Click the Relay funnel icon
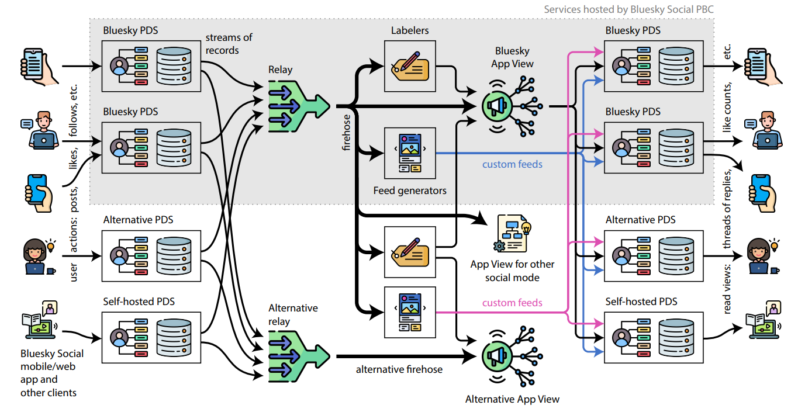(299, 106)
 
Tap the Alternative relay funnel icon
(299, 356)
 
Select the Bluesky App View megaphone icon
(512, 106)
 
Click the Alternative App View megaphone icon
(512, 356)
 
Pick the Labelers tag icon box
(410, 66)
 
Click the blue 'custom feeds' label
(512, 164)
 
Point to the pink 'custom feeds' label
(512, 303)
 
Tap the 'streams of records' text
(229, 44)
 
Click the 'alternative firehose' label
(399, 369)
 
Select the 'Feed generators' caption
(410, 191)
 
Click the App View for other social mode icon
(512, 234)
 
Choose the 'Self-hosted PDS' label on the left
(139, 302)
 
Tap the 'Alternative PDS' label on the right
(640, 220)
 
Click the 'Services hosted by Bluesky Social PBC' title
(628, 9)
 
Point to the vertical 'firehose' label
(346, 133)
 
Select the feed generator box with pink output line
(410, 312)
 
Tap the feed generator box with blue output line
(410, 153)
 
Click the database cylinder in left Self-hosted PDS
(174, 337)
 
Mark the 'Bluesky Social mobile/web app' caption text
(52, 366)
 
